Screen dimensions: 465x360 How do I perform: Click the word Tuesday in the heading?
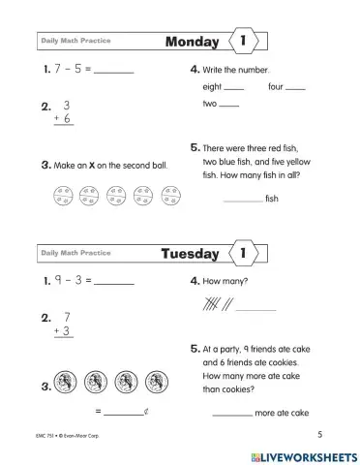point(189,254)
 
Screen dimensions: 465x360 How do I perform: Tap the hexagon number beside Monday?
point(242,42)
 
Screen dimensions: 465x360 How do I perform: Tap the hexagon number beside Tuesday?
point(242,254)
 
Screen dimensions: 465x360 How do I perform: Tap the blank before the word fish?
point(242,201)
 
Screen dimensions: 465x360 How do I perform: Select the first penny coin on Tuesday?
point(68,381)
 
